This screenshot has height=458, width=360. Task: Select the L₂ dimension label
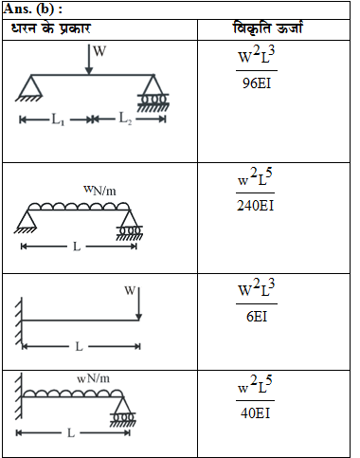[126, 119]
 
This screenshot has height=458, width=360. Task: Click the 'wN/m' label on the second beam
[99, 192]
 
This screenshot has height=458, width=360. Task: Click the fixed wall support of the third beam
[20, 320]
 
